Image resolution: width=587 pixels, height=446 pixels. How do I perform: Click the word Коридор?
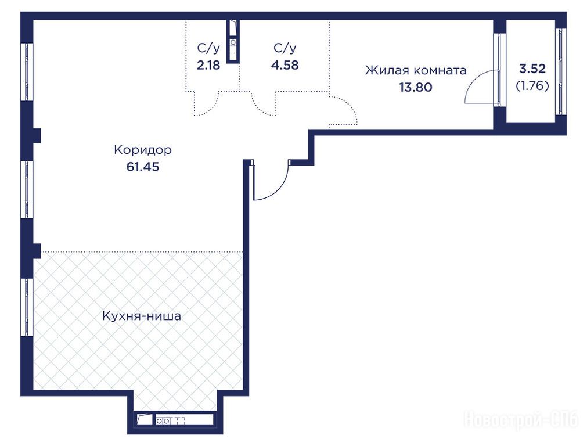pos(143,150)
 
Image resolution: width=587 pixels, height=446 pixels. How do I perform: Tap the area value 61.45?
pos(143,167)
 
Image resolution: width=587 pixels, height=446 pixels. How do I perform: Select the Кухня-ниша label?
pos(142,316)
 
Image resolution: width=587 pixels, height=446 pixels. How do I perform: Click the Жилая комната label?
pos(416,70)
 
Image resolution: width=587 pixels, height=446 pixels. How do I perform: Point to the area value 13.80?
pos(416,87)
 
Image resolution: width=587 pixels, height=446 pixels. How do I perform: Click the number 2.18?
pos(208,65)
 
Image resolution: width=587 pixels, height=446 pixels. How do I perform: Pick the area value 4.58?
pos(285,65)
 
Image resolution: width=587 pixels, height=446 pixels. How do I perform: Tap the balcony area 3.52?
pos(532,69)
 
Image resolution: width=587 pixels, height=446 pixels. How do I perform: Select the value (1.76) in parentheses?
pos(532,86)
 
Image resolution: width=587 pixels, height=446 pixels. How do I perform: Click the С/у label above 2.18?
pos(208,48)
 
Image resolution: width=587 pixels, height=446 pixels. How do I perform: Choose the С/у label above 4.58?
pos(285,48)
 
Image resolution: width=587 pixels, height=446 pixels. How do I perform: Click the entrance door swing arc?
pos(279,189)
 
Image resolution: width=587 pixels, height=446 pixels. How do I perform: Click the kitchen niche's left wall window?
pos(27,307)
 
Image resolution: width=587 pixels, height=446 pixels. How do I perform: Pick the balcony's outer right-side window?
pos(560,72)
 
